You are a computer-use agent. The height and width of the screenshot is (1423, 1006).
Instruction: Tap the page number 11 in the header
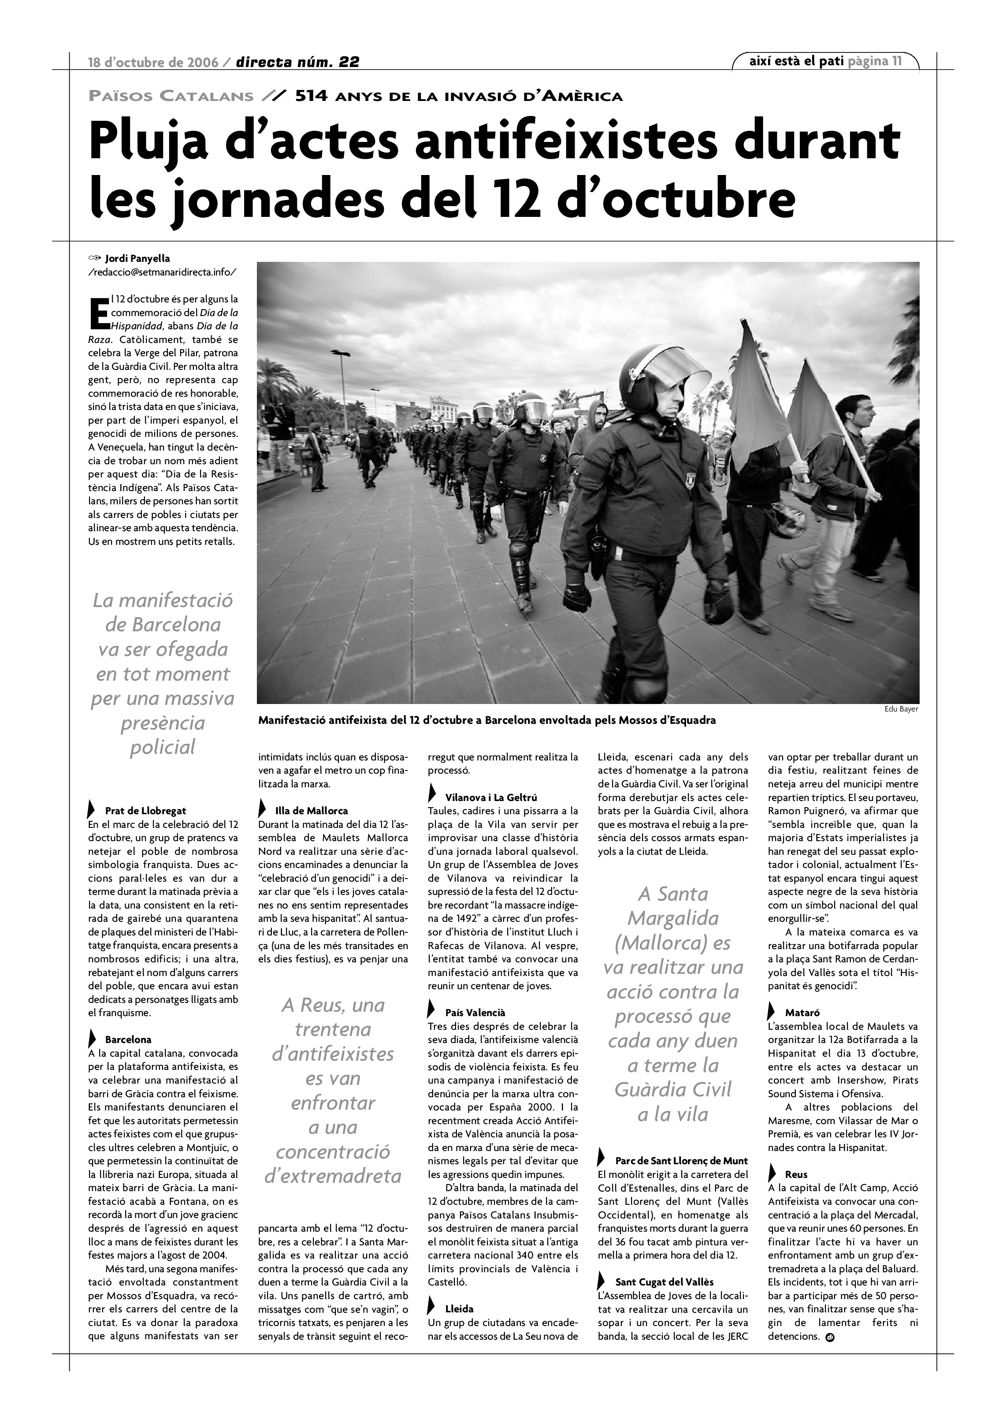coord(896,61)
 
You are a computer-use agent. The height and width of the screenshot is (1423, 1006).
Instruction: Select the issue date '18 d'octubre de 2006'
coord(153,63)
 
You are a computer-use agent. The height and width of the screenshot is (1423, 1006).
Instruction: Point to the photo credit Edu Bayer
coord(901,709)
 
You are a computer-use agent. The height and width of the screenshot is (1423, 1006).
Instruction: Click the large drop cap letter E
coord(99,313)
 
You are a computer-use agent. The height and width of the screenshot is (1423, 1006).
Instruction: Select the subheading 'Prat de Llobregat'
coord(145,811)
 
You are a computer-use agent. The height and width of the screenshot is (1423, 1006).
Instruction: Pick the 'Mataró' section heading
coord(802,1013)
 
